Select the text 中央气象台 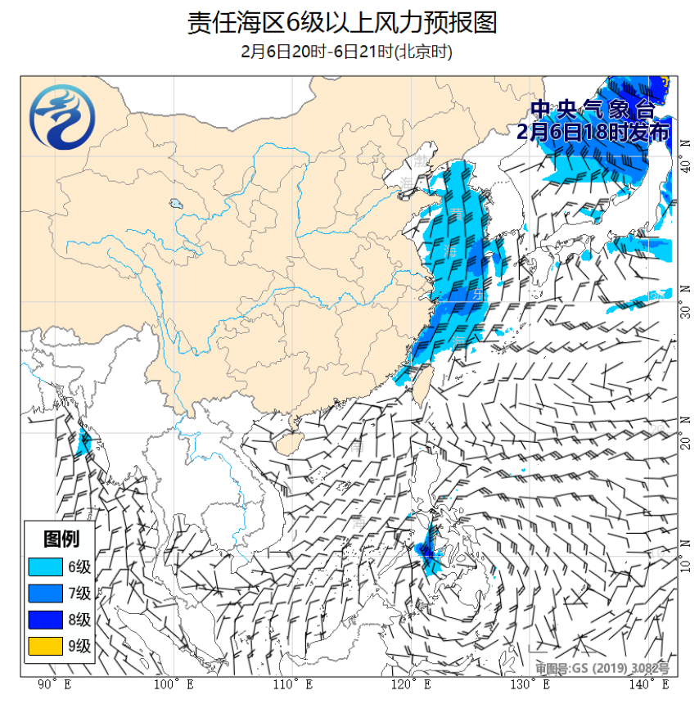[593, 110]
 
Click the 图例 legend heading [61, 539]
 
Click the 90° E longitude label [55, 684]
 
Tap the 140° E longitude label [652, 684]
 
